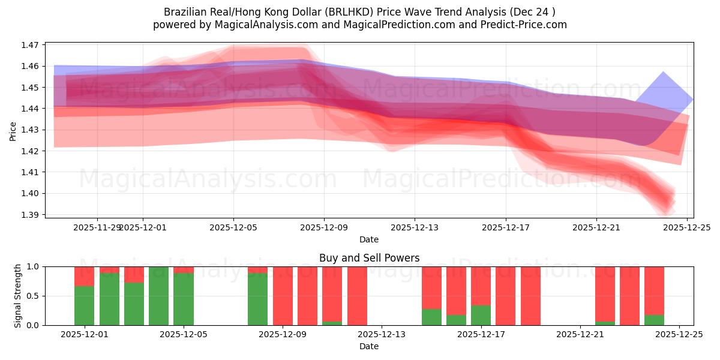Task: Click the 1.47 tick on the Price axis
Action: (30, 45)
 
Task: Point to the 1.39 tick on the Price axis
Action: (30, 215)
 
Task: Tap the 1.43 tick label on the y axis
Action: (30, 130)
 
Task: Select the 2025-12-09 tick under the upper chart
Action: (324, 227)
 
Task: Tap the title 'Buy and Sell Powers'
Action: (369, 259)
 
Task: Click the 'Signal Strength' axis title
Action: (18, 296)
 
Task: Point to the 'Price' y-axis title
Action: (13, 130)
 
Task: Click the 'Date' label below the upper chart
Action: (368, 239)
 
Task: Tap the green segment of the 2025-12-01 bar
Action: (84, 306)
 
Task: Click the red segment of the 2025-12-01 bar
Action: (84, 276)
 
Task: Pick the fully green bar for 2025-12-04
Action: (158, 296)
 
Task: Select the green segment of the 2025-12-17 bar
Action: (481, 315)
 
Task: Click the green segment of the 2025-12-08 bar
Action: (257, 299)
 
